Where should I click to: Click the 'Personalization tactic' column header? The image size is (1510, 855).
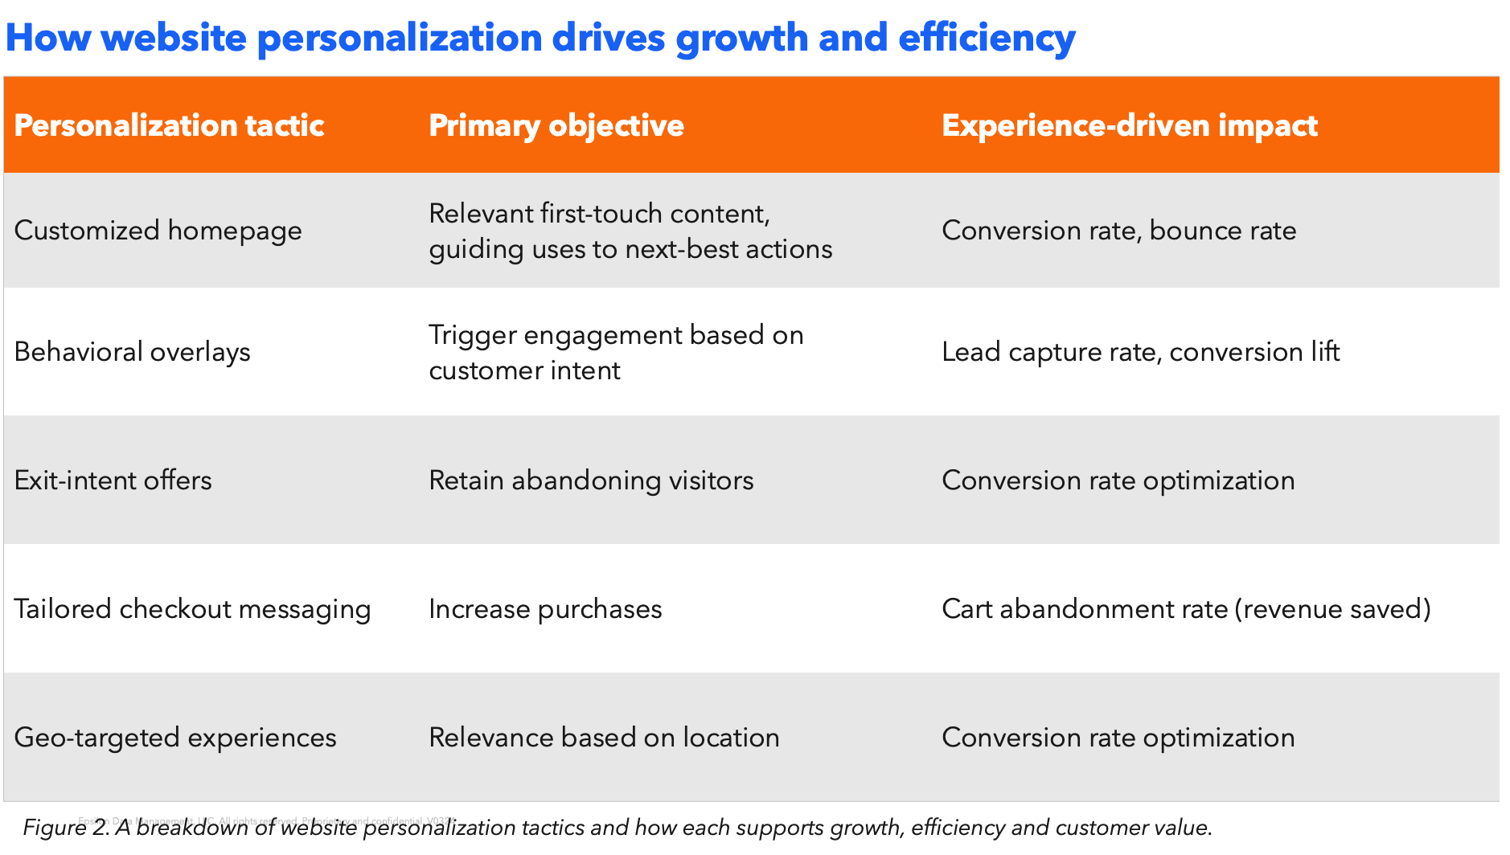(x=169, y=125)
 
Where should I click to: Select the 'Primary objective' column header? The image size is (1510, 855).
(x=556, y=125)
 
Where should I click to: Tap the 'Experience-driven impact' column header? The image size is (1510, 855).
(x=1129, y=125)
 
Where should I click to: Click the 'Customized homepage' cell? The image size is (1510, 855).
(x=158, y=231)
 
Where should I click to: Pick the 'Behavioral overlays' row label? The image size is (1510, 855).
(x=132, y=352)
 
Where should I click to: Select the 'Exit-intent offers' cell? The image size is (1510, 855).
(x=113, y=481)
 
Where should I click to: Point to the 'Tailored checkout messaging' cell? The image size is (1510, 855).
(x=192, y=609)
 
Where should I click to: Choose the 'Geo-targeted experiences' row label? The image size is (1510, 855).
(x=174, y=738)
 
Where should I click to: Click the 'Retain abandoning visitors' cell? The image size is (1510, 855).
(x=591, y=481)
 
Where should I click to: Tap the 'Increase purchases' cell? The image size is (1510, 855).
(x=545, y=609)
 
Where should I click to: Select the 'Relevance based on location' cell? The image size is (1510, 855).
(x=604, y=738)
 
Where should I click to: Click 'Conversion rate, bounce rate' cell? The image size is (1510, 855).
(x=1118, y=231)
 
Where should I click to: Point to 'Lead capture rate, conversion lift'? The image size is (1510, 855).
(x=1140, y=352)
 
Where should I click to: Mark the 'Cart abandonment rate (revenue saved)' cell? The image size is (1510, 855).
(x=1186, y=609)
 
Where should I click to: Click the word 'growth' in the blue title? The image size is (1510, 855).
(x=741, y=39)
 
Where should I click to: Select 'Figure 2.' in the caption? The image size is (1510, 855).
(x=66, y=828)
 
